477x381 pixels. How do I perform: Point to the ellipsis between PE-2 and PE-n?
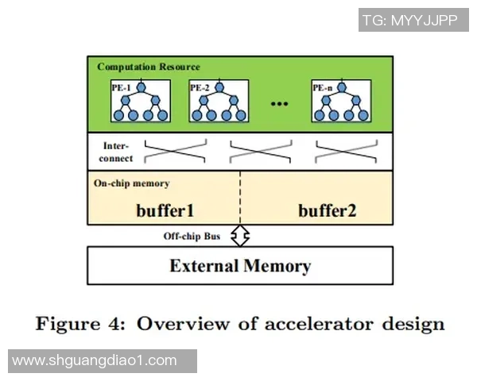click(x=278, y=106)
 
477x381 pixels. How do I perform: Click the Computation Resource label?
click(x=149, y=67)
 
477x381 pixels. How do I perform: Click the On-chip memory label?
click(x=131, y=183)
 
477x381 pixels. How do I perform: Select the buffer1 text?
click(x=165, y=210)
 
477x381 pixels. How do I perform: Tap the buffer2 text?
click(x=327, y=210)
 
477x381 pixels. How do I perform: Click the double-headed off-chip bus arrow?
click(x=239, y=235)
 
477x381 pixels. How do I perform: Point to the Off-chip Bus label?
click(x=192, y=237)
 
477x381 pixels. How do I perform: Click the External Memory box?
click(x=239, y=265)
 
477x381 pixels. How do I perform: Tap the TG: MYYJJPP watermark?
click(x=413, y=20)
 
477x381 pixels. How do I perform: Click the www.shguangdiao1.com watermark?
click(x=95, y=360)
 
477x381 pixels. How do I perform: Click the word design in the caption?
click(x=413, y=324)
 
